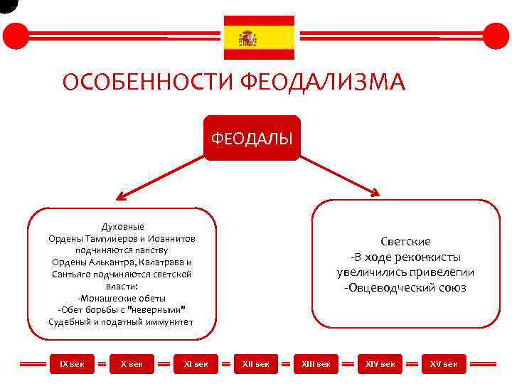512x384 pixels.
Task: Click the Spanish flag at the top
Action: click(259, 37)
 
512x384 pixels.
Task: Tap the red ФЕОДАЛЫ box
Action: click(252, 137)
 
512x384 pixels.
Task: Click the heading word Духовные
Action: click(122, 227)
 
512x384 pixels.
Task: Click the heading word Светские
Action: click(405, 242)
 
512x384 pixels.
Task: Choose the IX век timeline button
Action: click(70, 364)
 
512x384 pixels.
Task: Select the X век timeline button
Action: click(132, 364)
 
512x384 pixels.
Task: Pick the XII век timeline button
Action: click(256, 364)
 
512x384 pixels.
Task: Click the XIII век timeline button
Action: click(316, 364)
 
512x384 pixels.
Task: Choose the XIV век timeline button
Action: click(380, 364)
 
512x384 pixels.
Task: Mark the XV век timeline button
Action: click(444, 364)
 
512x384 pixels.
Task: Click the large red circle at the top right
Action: click(496, 36)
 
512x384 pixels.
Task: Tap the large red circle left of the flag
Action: click(16, 36)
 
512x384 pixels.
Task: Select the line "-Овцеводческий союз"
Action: click(405, 288)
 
